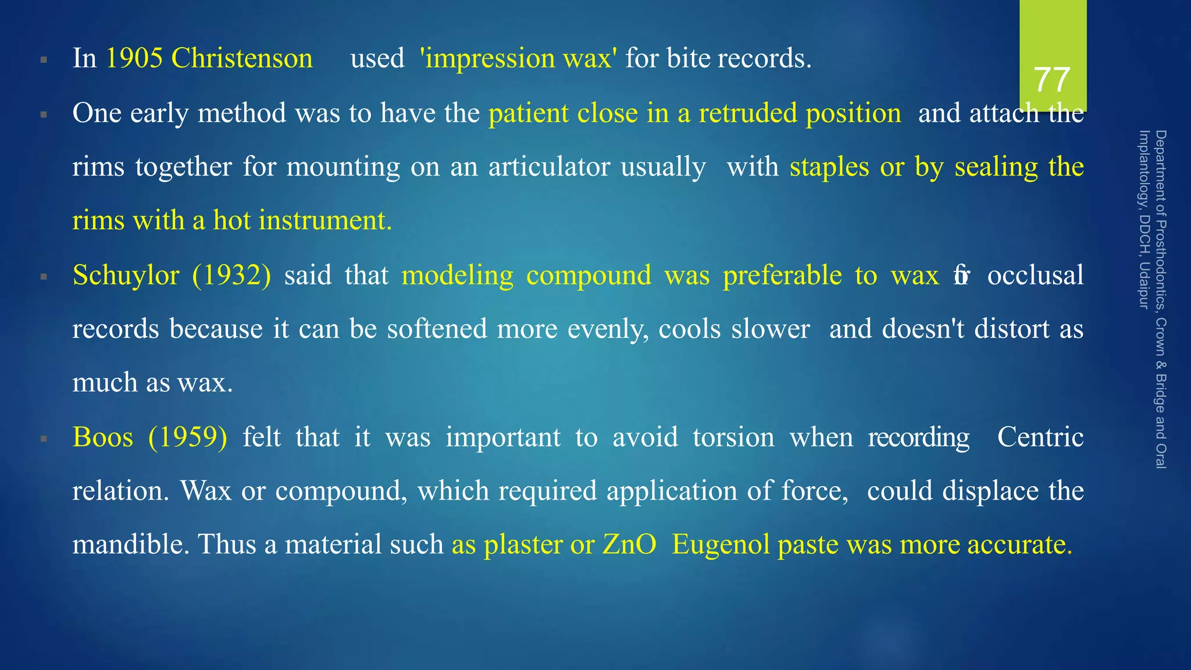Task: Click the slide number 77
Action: [1052, 80]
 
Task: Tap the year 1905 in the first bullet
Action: [134, 58]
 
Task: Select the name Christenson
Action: [242, 58]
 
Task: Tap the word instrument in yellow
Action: [325, 220]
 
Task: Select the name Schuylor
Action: [126, 275]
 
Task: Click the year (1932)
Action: [231, 275]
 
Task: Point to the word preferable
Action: [782, 275]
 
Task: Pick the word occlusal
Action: [1035, 275]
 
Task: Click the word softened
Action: [437, 329]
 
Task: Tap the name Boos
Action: [103, 437]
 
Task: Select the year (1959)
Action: [187, 437]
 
